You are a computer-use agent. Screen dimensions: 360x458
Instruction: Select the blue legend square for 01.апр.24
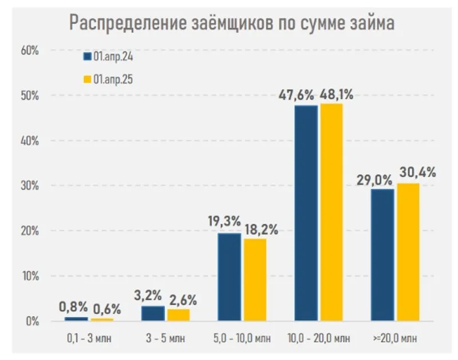click(x=87, y=56)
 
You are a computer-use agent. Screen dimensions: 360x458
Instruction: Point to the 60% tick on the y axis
click(x=29, y=50)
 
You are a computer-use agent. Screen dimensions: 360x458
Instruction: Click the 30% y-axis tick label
click(x=29, y=186)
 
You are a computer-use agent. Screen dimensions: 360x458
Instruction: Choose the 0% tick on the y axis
click(x=31, y=321)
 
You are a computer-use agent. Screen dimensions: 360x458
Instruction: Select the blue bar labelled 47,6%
click(x=306, y=213)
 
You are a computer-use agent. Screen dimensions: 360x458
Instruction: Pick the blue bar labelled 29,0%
click(x=382, y=255)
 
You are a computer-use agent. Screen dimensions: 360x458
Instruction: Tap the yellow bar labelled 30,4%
click(x=407, y=252)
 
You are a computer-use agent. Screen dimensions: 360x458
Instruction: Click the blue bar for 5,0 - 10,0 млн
click(x=229, y=277)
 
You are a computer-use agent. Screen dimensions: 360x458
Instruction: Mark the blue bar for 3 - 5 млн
click(x=153, y=313)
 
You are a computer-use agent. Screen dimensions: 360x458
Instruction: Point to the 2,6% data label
click(x=184, y=299)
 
